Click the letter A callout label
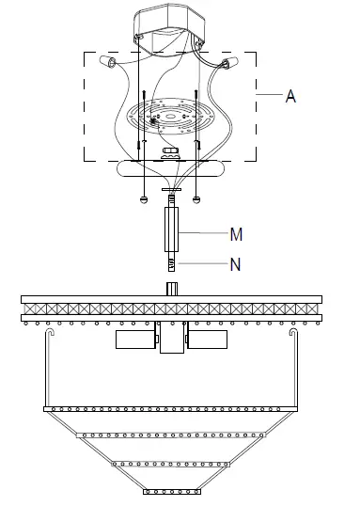(290, 96)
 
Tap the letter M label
(236, 234)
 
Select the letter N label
(236, 264)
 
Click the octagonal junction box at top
(170, 29)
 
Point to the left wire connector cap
(108, 61)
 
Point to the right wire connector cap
(229, 62)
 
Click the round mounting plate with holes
(170, 117)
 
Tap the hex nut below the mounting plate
(171, 150)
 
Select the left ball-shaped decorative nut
(144, 199)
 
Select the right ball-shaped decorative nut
(196, 199)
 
